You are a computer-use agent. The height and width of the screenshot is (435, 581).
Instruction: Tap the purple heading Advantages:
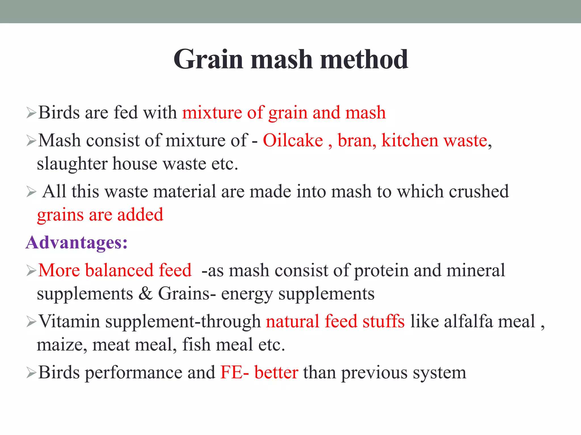(77, 243)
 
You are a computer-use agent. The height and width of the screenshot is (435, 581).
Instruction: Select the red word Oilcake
(293, 140)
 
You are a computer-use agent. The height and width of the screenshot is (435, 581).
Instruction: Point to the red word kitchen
(410, 140)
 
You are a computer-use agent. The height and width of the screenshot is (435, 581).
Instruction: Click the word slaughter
(72, 164)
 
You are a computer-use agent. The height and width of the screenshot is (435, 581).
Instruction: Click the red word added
(140, 215)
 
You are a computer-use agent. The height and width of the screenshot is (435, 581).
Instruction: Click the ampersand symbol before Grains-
(146, 294)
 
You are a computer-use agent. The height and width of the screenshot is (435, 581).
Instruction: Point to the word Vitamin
(69, 321)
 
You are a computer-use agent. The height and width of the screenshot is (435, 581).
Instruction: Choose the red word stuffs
(383, 321)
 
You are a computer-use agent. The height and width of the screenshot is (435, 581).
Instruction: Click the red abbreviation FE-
(234, 372)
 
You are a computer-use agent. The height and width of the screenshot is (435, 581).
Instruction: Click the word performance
(133, 373)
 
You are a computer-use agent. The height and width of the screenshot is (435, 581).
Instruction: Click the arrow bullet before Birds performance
(31, 373)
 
